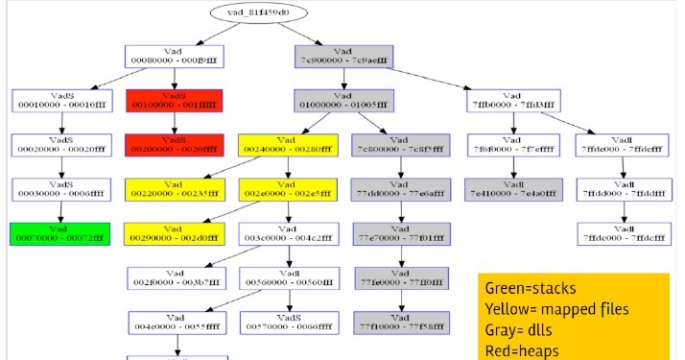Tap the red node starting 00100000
174,101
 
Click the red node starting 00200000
174,145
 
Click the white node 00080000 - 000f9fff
174,57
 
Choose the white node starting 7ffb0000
513,101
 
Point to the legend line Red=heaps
521,351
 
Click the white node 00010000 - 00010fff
59,101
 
